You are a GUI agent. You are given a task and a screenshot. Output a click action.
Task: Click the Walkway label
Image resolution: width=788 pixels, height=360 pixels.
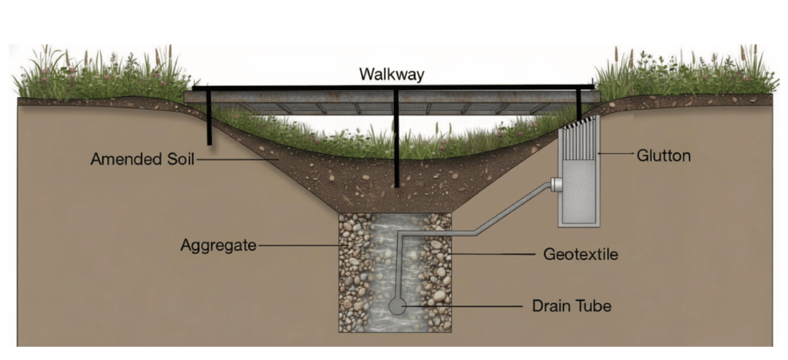pos(392,75)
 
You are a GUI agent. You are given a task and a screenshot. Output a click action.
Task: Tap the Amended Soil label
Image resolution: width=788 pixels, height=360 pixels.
pos(142,159)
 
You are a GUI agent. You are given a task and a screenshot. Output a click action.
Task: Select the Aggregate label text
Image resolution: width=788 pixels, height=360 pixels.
pos(218,245)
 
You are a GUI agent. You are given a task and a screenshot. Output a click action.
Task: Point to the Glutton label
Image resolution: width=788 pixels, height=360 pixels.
pos(663,155)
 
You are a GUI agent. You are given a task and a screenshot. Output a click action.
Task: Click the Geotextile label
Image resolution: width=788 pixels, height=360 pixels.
pos(580,253)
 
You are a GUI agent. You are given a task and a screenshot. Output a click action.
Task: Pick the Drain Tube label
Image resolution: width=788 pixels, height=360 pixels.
pos(571,306)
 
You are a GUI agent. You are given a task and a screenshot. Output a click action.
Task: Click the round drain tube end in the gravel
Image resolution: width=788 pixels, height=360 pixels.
pos(398,305)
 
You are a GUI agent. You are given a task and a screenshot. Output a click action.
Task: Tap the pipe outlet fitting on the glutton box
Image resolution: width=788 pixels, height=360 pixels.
pos(556,185)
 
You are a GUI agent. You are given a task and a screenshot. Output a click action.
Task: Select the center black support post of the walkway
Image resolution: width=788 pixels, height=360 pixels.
pos(396,138)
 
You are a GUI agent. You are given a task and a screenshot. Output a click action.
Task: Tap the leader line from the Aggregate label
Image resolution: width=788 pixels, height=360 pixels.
pos(296,246)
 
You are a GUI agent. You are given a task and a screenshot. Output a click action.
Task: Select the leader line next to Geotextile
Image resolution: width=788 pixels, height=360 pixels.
pos(492,253)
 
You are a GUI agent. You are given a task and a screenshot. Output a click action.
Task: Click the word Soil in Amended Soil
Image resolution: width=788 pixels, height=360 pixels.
pos(176,159)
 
